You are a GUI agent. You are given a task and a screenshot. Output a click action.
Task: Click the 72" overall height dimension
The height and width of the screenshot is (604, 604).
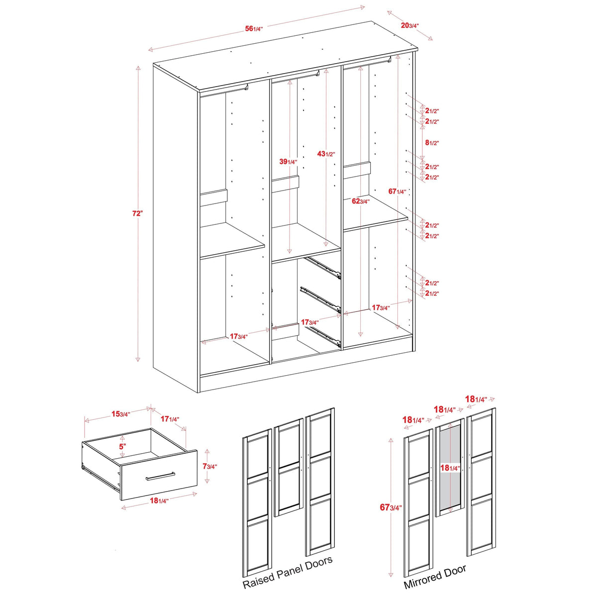click(137, 213)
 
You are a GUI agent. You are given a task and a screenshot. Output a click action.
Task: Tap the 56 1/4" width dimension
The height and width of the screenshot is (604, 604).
click(253, 29)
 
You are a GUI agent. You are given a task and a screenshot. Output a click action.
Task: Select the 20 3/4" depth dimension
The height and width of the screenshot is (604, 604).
click(410, 25)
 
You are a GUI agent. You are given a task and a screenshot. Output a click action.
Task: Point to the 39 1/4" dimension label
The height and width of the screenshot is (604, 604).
click(288, 162)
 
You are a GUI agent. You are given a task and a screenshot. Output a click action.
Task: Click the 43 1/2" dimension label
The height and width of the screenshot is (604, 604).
click(326, 154)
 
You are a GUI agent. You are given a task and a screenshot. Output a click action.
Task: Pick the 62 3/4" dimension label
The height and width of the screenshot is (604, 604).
click(360, 201)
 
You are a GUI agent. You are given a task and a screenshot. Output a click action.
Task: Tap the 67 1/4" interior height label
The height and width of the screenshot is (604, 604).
click(398, 192)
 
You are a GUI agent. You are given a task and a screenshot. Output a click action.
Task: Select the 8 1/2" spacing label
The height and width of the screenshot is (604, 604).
click(431, 143)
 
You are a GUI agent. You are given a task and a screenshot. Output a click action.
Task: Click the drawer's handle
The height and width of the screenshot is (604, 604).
click(160, 476)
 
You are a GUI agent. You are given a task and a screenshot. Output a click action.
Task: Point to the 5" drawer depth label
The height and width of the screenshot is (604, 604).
click(122, 447)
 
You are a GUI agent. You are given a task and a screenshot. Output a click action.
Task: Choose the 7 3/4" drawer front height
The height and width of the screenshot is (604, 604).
click(209, 467)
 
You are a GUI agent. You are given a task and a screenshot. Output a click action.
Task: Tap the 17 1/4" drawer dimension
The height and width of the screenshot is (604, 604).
click(170, 419)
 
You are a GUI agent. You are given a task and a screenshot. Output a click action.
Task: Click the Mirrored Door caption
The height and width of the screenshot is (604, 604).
click(435, 576)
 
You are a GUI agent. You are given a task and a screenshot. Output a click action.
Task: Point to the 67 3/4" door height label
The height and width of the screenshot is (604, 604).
click(391, 507)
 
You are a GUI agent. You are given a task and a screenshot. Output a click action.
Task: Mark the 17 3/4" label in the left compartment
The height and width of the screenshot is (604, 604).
click(238, 337)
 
